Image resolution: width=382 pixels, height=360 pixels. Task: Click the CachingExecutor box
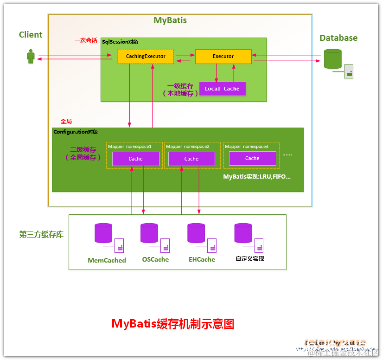(x=146, y=57)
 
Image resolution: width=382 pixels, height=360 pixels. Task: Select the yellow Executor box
(x=223, y=57)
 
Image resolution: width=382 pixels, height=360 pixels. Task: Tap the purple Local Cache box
(x=222, y=89)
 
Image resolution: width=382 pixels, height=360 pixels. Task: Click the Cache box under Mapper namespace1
(x=135, y=159)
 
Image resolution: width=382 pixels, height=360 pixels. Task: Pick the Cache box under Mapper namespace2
(x=191, y=159)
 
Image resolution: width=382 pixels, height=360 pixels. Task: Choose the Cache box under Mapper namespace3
(x=252, y=158)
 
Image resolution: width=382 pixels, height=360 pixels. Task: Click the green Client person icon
(x=31, y=57)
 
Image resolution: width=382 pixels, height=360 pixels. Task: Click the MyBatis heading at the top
(x=170, y=20)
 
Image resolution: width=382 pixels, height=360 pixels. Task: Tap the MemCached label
(x=107, y=260)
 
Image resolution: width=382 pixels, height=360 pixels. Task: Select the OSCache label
(x=155, y=259)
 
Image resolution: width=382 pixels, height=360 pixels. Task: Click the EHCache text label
(x=202, y=259)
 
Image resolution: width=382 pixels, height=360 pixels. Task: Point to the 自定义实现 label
(x=250, y=259)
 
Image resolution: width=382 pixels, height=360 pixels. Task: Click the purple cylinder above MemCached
(x=103, y=233)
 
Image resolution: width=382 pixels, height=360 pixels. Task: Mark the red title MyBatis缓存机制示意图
(x=173, y=323)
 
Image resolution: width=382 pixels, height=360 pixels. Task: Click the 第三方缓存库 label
(x=41, y=235)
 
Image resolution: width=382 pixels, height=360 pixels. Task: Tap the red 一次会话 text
(x=86, y=40)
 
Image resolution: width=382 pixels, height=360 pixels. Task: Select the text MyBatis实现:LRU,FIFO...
(x=257, y=177)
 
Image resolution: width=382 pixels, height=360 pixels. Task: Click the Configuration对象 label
(x=76, y=132)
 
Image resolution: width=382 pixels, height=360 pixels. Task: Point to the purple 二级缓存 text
(x=83, y=150)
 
